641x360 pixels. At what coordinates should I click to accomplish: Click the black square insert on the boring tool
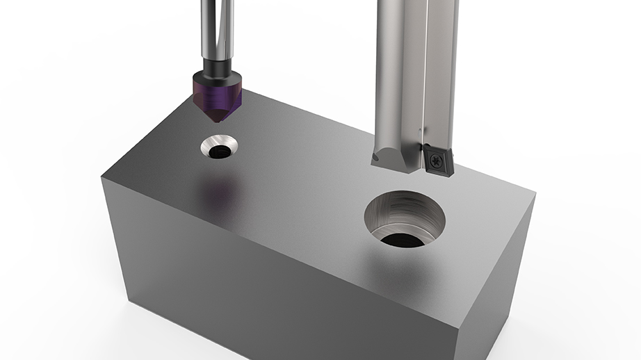(x=437, y=158)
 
